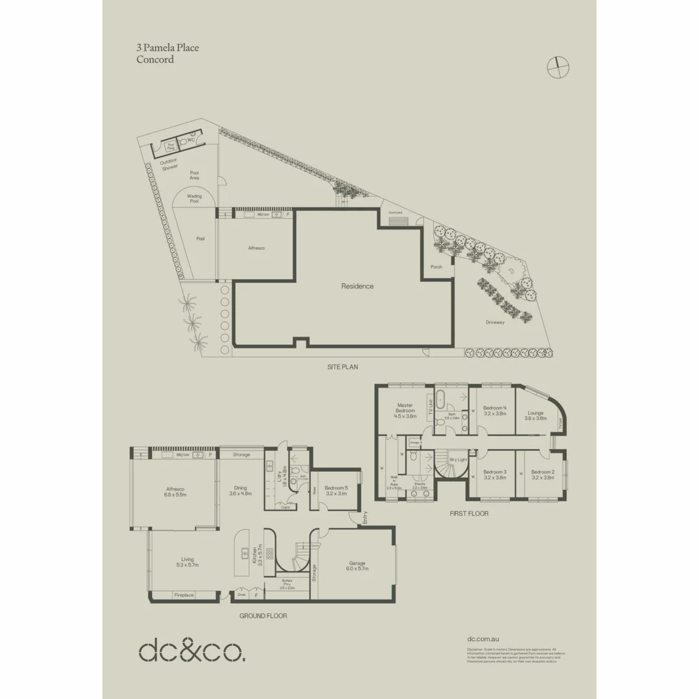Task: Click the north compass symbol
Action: pos(557,67)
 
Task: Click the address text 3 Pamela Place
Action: pos(168,48)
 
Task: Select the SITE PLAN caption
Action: pos(342,367)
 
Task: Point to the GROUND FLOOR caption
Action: pos(263,616)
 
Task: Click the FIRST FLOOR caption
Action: pos(469,513)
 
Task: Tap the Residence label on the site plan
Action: pos(358,286)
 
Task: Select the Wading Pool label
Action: pos(194,199)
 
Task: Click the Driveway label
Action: pos(495,322)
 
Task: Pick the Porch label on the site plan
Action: pos(436,267)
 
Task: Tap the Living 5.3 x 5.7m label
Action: pos(187,562)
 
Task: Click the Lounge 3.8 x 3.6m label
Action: pos(535,416)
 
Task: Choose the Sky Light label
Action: pos(458,459)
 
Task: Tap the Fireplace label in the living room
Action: pos(183,595)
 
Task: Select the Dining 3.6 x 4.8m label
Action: pos(240,491)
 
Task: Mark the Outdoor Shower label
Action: pos(169,164)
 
